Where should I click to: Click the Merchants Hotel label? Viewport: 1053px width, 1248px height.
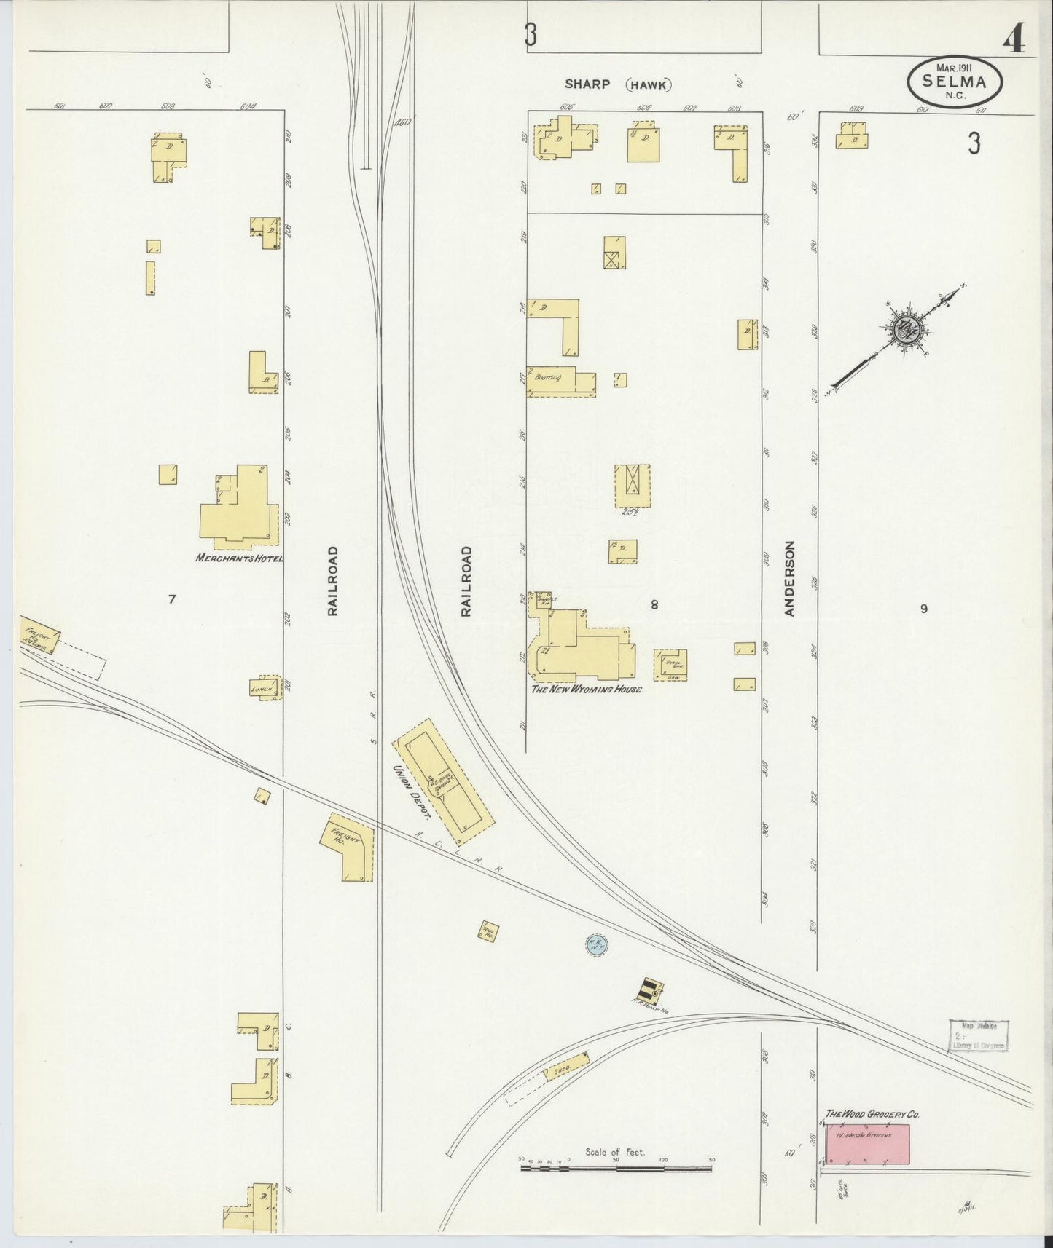(238, 558)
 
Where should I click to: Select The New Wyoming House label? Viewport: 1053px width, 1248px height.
(587, 688)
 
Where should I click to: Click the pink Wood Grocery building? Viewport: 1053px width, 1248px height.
(867, 1143)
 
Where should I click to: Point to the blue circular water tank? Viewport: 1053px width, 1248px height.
(597, 946)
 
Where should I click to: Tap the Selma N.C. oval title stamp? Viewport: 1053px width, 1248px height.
(954, 82)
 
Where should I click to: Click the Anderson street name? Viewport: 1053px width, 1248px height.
(789, 579)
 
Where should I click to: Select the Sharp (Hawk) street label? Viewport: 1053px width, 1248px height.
(618, 84)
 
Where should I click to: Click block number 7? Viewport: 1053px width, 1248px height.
(172, 599)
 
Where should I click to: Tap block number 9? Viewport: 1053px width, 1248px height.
(923, 609)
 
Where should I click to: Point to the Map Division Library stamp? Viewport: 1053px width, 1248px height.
(979, 1035)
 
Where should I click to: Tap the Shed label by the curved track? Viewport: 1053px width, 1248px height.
(562, 1070)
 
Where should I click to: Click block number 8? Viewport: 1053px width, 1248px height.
(654, 604)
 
